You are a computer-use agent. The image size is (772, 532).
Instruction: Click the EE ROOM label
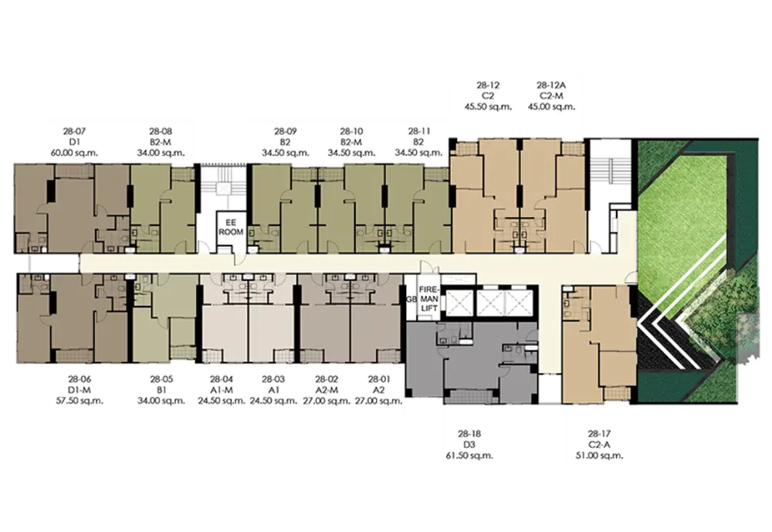231,228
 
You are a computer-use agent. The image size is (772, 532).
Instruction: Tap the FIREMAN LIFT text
428,299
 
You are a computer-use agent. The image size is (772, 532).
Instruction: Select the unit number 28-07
74,131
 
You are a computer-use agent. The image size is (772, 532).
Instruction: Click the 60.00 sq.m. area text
74,153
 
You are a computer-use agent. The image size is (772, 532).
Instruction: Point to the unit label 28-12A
551,85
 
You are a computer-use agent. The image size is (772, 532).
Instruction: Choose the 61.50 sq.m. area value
469,456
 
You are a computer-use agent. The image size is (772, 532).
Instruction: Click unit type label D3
469,445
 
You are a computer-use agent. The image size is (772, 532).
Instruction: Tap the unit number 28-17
599,434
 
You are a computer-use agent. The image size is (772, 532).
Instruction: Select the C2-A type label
599,445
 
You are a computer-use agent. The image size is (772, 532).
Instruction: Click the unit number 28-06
80,379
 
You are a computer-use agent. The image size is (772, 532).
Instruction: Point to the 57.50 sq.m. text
80,401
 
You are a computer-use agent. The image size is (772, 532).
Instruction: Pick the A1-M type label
222,390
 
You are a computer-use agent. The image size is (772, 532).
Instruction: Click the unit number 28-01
379,379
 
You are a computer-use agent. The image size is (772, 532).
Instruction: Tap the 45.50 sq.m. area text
489,107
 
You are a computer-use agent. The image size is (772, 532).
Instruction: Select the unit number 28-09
286,131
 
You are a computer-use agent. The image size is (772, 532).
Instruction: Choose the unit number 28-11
419,131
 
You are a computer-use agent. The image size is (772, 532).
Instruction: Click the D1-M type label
80,390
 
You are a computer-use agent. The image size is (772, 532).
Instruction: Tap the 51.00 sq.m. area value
599,456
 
